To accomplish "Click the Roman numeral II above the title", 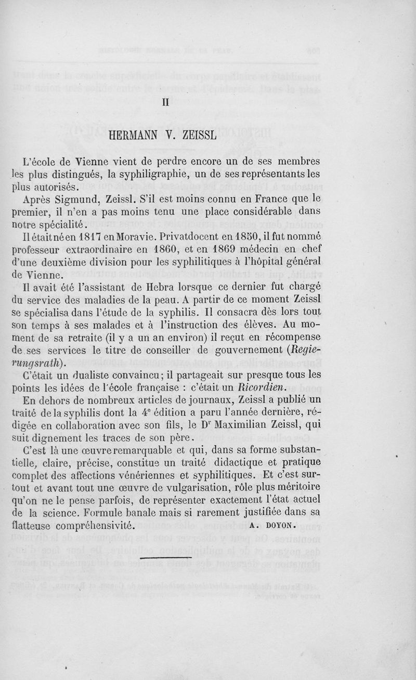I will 166,102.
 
